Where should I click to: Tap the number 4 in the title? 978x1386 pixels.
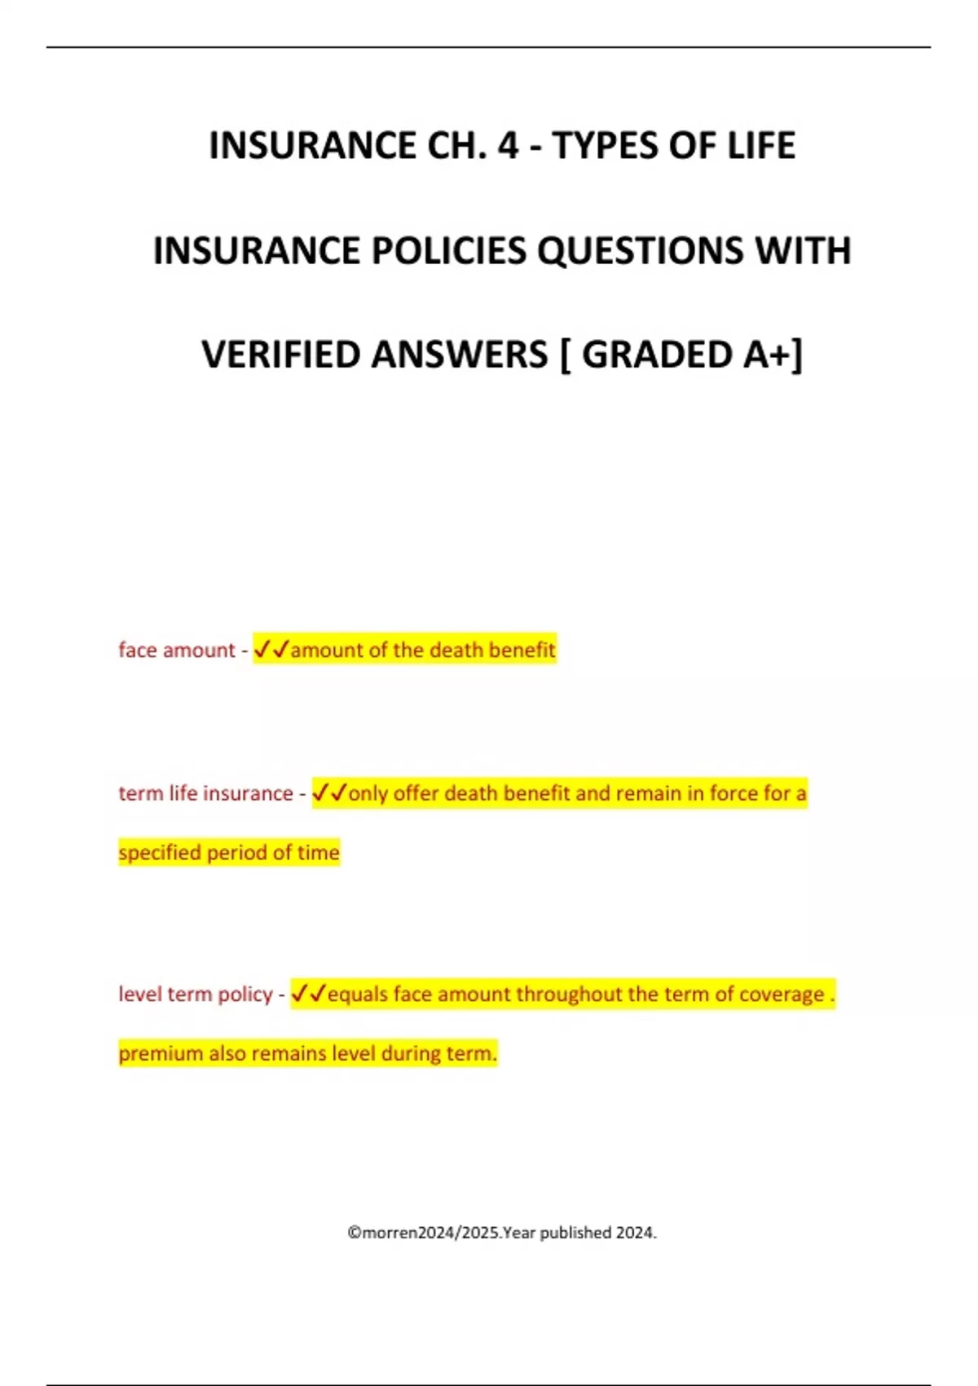(x=509, y=146)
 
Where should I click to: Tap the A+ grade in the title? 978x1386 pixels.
(x=768, y=355)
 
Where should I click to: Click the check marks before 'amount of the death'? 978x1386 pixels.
(x=271, y=650)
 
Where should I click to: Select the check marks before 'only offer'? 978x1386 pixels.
(x=330, y=792)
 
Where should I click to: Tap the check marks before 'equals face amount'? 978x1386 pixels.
(x=308, y=994)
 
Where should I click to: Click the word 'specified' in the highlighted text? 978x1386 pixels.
(x=160, y=853)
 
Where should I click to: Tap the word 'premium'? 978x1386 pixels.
(x=161, y=1053)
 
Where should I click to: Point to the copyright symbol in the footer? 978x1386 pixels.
(x=355, y=1233)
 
